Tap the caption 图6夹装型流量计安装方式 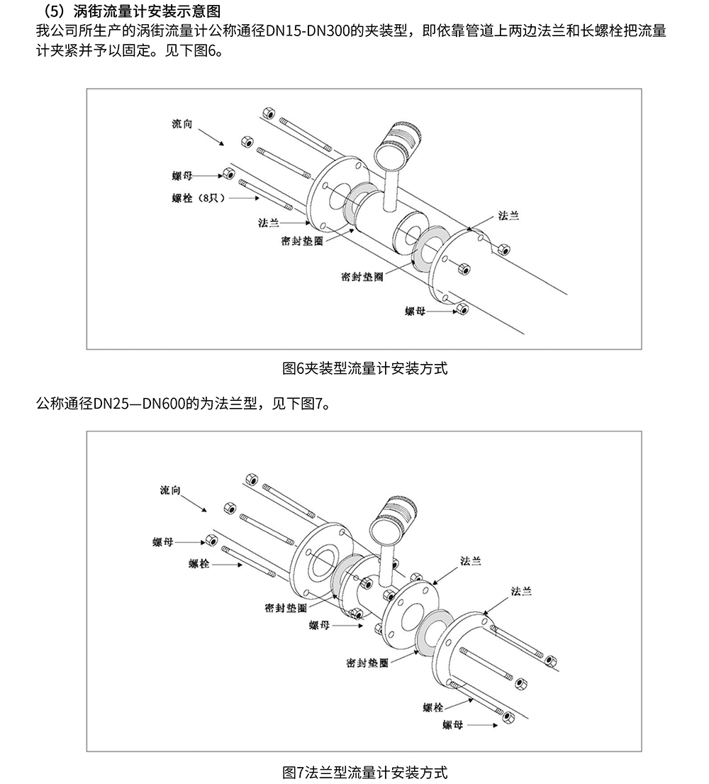tap(364, 368)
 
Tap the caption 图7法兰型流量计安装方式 tap(364, 771)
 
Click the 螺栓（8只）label tap(198, 198)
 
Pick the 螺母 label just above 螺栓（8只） tap(182, 175)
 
